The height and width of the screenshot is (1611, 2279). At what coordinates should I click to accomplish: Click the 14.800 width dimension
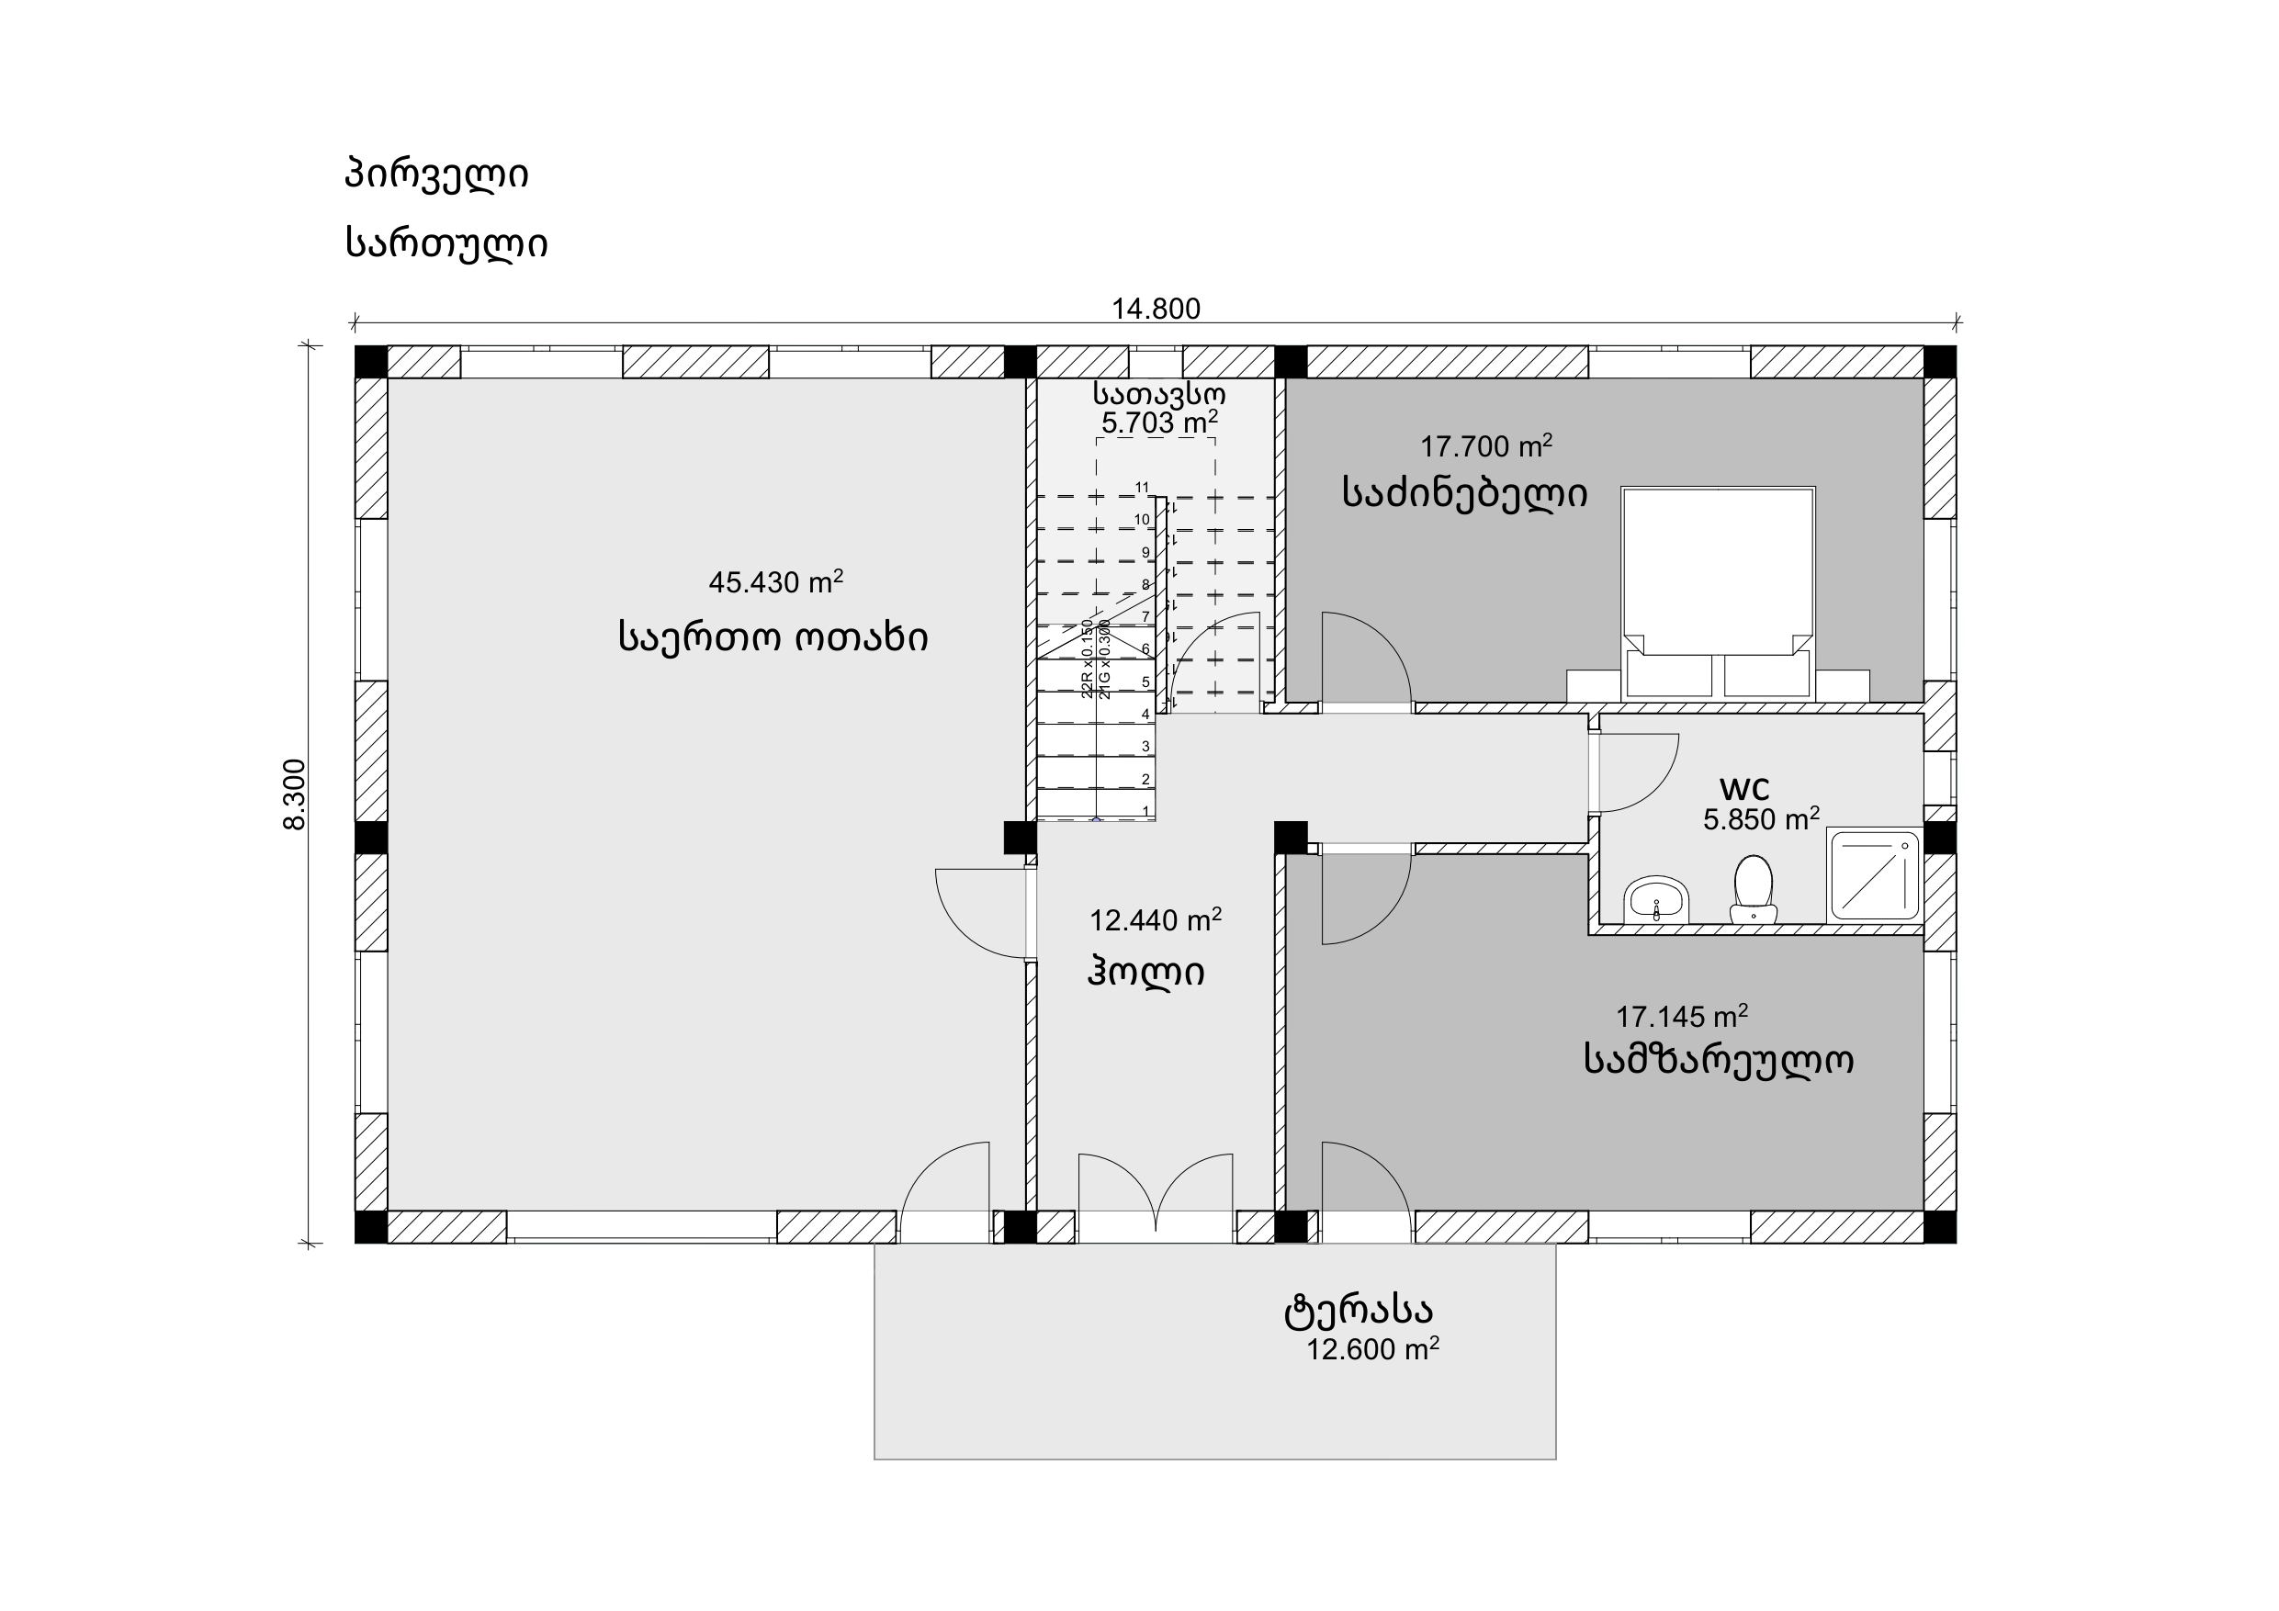pyautogui.click(x=1156, y=309)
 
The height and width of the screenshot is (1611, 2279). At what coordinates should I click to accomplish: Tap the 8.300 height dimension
pyautogui.click(x=295, y=794)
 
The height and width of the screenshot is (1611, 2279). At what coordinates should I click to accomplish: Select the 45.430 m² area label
pyautogui.click(x=775, y=581)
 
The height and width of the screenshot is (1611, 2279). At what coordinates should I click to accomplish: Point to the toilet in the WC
pyautogui.click(x=1753, y=889)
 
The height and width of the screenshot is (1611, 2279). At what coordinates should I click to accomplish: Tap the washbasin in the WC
pyautogui.click(x=1655, y=900)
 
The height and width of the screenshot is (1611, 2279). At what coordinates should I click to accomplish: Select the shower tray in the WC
pyautogui.click(x=1874, y=874)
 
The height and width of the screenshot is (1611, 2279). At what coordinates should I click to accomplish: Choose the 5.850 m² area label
pyautogui.click(x=1761, y=819)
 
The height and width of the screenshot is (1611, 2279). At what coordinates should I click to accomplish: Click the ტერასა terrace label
pyautogui.click(x=1358, y=1311)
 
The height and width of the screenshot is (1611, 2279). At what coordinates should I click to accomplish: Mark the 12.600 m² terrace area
pyautogui.click(x=1371, y=1349)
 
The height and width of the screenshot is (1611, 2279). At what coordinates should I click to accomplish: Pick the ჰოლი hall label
pyautogui.click(x=1146, y=971)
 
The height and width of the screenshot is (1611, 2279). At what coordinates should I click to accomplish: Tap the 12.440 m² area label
pyautogui.click(x=1156, y=920)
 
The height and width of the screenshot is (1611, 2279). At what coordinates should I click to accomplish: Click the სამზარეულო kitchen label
pyautogui.click(x=1718, y=1059)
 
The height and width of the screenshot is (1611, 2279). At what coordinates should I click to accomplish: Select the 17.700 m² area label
pyautogui.click(x=1486, y=445)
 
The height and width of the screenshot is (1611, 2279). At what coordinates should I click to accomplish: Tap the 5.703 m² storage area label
pyautogui.click(x=1159, y=422)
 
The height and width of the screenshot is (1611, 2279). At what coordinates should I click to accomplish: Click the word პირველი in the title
pyautogui.click(x=436, y=174)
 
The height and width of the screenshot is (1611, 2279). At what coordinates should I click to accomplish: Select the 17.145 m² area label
pyautogui.click(x=1681, y=1017)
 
